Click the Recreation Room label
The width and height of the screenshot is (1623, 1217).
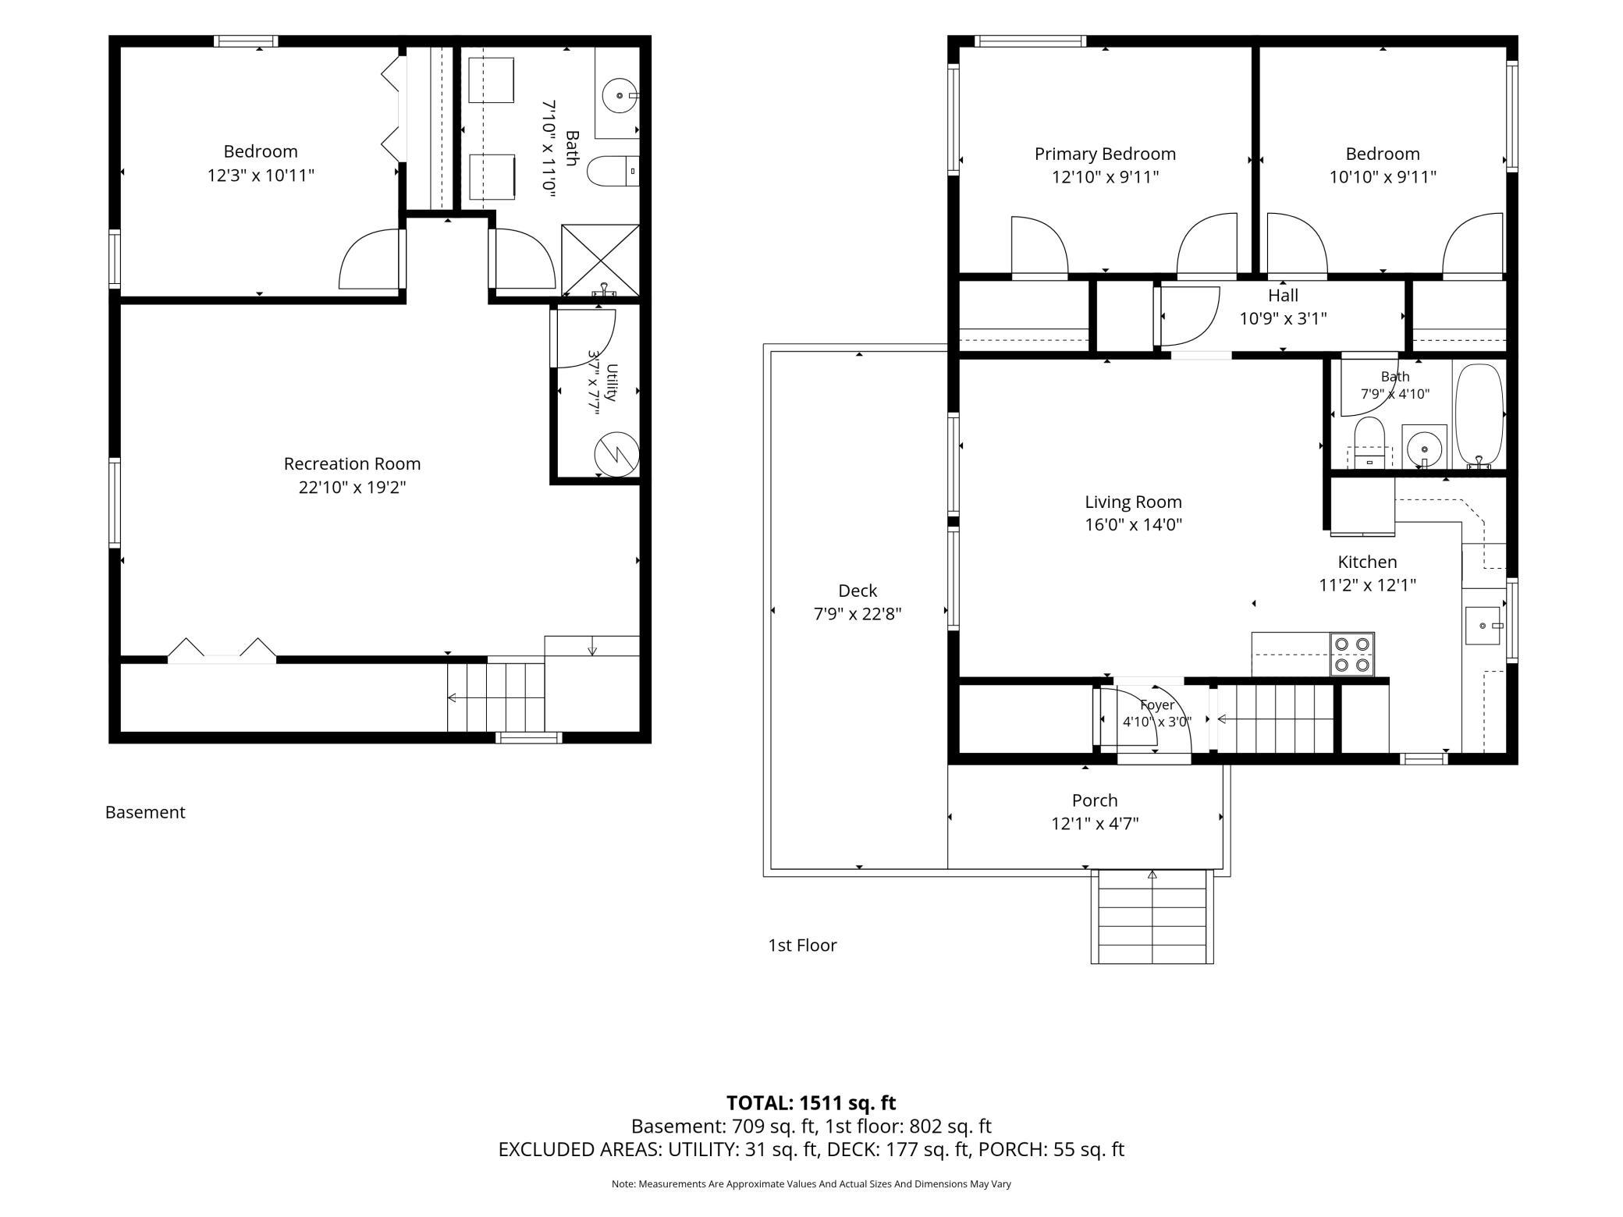(x=352, y=464)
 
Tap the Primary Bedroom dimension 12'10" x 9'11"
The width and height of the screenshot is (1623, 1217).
(x=1105, y=177)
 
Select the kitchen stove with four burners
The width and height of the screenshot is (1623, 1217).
(x=1352, y=655)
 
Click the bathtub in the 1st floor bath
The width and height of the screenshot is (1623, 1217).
(x=1479, y=416)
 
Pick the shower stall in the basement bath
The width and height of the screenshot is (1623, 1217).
(x=600, y=261)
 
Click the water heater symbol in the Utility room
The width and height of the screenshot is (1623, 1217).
(x=616, y=454)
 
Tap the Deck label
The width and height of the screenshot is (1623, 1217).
(x=858, y=591)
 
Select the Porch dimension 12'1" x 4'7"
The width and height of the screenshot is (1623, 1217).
(x=1095, y=824)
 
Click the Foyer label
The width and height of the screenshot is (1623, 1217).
(x=1157, y=705)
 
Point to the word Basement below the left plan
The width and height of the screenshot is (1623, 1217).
(x=145, y=812)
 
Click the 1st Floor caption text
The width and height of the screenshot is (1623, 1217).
(x=802, y=946)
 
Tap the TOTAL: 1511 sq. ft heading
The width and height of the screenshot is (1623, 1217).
(x=811, y=1103)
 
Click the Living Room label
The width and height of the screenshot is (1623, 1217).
(x=1133, y=502)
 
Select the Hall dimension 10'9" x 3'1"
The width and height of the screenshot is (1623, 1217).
(x=1283, y=319)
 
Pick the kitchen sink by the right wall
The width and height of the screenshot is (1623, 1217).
(x=1483, y=626)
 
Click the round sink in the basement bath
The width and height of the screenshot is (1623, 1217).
(x=620, y=95)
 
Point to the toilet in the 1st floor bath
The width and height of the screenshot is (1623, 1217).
(x=1369, y=442)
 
